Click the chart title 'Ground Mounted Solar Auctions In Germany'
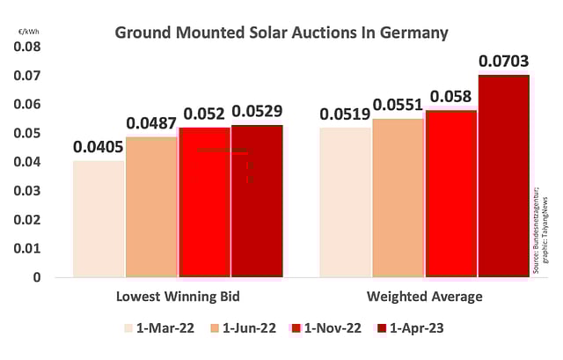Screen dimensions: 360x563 pyautogui.click(x=281, y=33)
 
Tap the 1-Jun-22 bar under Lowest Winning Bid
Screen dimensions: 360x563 pyautogui.click(x=151, y=207)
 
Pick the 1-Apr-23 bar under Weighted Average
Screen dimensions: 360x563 pyautogui.click(x=503, y=176)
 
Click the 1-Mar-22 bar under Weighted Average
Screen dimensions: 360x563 pyautogui.click(x=344, y=202)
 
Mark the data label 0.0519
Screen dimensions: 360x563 pyautogui.click(x=344, y=114)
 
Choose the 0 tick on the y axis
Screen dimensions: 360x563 pyautogui.click(x=37, y=277)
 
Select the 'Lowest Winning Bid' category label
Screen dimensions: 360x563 pyautogui.click(x=178, y=297)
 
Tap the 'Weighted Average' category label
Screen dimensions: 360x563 pyautogui.click(x=427, y=297)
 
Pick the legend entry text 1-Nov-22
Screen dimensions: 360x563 pyautogui.click(x=332, y=328)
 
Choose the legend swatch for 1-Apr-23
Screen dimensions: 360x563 pyautogui.click(x=384, y=328)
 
